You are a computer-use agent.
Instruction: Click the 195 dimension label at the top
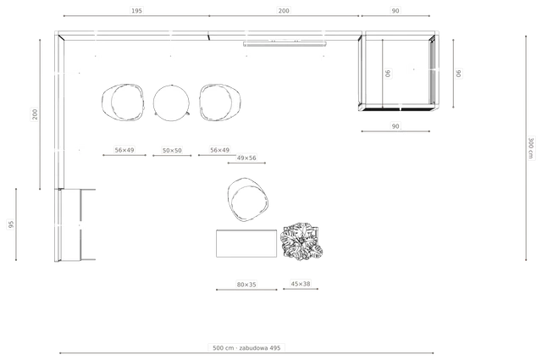[136, 11]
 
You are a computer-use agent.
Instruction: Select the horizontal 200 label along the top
[284, 11]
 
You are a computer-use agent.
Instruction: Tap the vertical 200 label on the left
[35, 114]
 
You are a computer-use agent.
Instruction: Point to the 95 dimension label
[11, 224]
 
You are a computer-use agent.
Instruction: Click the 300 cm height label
[531, 148]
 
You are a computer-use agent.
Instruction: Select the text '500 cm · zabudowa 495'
[246, 347]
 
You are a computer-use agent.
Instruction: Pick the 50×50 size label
[172, 151]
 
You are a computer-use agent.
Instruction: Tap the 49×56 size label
[246, 158]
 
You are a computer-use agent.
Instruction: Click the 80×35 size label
[246, 285]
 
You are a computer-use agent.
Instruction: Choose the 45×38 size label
[301, 284]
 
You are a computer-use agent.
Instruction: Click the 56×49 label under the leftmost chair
[124, 150]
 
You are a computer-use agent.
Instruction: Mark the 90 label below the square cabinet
[395, 126]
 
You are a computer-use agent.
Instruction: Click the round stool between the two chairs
[171, 102]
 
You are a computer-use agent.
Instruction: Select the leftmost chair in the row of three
[123, 102]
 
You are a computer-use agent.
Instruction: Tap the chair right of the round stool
[220, 102]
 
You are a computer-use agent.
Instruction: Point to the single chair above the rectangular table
[248, 200]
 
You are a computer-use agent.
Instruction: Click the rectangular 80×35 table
[246, 243]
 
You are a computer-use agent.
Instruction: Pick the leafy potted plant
[301, 241]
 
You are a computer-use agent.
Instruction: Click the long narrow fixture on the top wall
[285, 44]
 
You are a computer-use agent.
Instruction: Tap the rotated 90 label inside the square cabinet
[388, 74]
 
